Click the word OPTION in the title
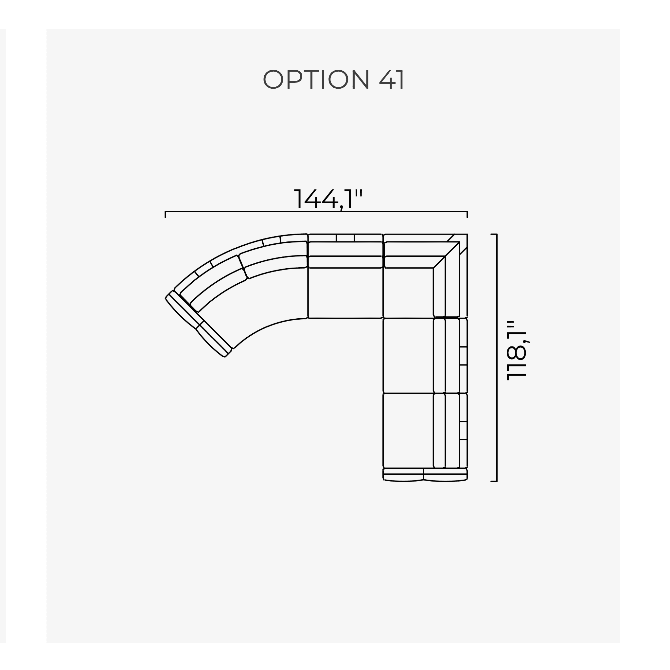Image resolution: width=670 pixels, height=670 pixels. pos(316,79)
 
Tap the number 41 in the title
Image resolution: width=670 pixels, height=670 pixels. pos(391,79)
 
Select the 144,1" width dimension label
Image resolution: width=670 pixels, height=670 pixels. pos(328,200)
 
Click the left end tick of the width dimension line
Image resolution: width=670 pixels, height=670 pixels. pos(166,214)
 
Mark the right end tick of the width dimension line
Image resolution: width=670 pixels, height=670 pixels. pos(467,214)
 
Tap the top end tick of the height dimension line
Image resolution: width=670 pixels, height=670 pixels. pos(494,235)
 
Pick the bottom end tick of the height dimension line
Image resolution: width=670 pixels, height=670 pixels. pos(494,481)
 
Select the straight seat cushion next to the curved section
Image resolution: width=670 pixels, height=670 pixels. pos(345,293)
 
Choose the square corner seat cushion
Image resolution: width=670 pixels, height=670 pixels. pos(408,293)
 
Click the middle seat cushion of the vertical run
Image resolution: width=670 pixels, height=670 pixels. pos(408,356)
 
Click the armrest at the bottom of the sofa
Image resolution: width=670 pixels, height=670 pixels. pos(425,475)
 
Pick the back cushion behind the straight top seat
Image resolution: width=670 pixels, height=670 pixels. pos(345,249)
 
